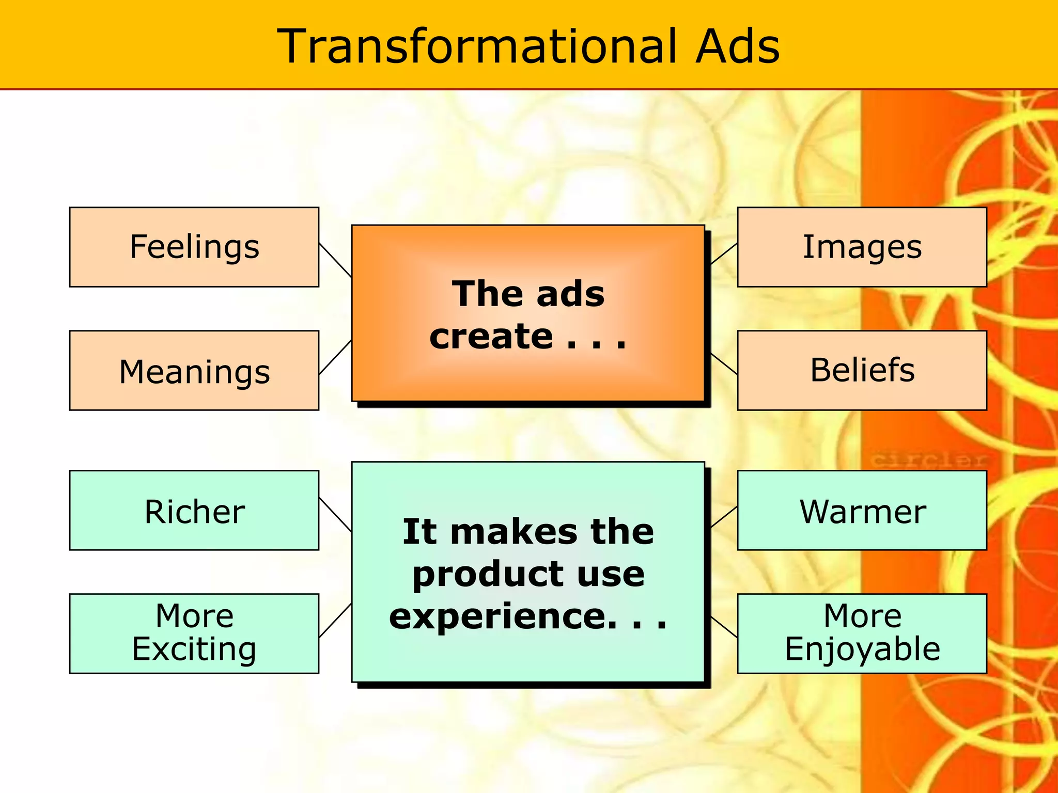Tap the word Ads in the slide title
(737, 47)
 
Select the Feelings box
(194, 247)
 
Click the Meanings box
(194, 371)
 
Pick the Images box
(862, 247)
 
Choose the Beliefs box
(862, 371)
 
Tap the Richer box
(194, 511)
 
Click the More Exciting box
(194, 633)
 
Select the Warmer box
(862, 511)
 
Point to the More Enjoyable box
(862, 633)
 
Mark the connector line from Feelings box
(335, 260)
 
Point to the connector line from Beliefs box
(724, 363)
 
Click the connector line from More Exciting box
(335, 621)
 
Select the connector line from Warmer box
(724, 517)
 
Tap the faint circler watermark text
(927, 459)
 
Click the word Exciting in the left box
(194, 649)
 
